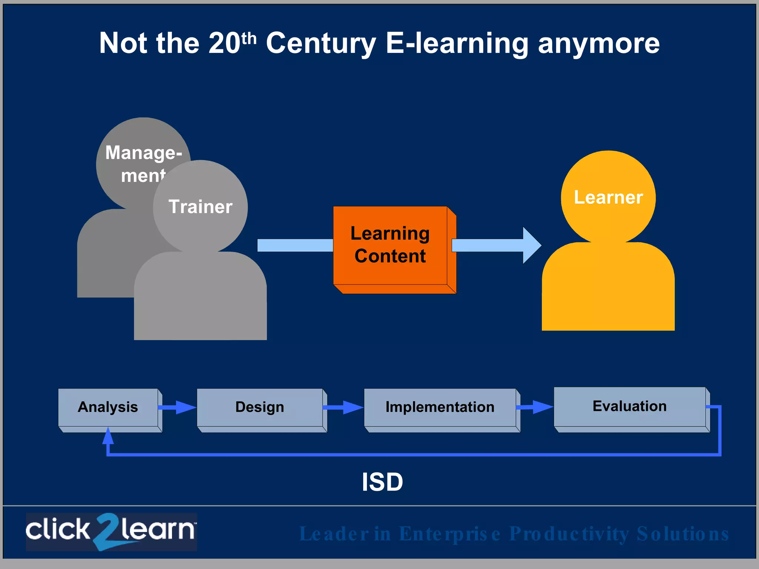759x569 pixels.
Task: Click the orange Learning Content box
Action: (390, 245)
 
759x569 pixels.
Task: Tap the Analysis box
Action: (108, 407)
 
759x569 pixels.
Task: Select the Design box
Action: (260, 407)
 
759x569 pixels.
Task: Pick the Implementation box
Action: (440, 407)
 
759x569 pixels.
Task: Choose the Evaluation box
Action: (629, 406)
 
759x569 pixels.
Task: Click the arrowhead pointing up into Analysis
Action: (108, 436)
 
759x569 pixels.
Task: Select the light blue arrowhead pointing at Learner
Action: (531, 245)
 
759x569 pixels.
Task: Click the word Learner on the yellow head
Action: (608, 197)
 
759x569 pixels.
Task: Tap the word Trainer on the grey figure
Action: (200, 207)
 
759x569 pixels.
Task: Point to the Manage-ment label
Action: (143, 163)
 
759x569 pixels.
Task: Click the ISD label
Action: (382, 482)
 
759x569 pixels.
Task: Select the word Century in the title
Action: (321, 43)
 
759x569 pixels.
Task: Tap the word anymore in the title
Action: (599, 43)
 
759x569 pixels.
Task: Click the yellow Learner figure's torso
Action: (608, 289)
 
